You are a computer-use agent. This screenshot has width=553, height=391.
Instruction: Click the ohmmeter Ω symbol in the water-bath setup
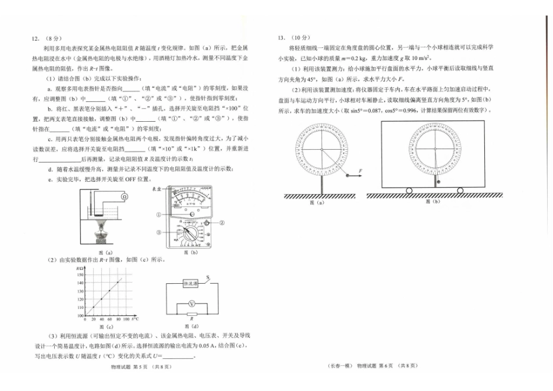click(123, 197)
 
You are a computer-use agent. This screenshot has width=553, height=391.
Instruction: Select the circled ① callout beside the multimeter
click(158, 214)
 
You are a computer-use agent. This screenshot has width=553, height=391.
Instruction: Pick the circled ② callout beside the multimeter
click(222, 222)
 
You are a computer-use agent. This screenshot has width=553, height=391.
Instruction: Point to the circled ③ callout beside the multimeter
click(158, 231)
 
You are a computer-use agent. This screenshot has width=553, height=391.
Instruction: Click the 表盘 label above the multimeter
click(156, 189)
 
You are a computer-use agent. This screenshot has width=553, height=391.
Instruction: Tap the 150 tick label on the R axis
click(80, 273)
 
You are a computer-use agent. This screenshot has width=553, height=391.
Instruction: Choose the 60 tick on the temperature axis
click(110, 320)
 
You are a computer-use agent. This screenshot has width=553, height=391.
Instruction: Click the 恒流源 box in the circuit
click(191, 283)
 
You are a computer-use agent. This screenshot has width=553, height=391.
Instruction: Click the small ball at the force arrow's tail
click(346, 174)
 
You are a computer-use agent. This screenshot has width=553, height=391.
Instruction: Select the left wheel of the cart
click(409, 191)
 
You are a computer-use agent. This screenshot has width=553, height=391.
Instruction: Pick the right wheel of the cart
click(460, 191)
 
